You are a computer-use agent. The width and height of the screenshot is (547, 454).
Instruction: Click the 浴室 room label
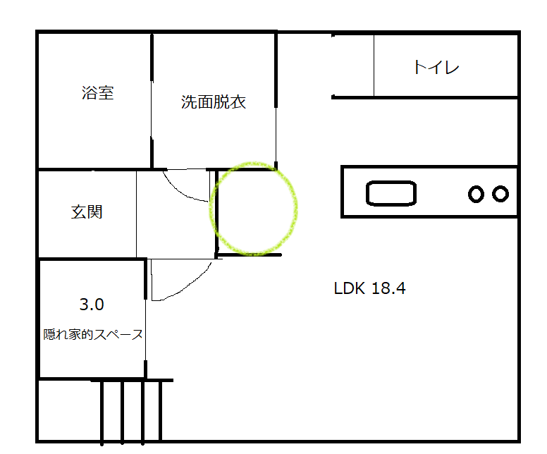click(x=98, y=92)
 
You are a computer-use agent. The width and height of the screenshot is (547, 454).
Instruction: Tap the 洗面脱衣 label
click(x=213, y=102)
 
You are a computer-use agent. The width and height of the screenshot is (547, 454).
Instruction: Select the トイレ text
click(x=436, y=68)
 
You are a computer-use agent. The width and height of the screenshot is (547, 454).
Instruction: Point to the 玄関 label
click(x=87, y=211)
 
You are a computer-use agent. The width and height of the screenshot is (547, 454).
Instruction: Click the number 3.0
click(x=92, y=305)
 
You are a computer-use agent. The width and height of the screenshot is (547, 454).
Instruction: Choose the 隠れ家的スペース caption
click(x=93, y=335)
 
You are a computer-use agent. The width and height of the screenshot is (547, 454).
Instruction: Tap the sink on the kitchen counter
click(x=391, y=192)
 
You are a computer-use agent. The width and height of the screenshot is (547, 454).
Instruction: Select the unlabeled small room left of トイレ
click(x=352, y=65)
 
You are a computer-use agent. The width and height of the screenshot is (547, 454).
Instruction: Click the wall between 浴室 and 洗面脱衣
click(x=152, y=99)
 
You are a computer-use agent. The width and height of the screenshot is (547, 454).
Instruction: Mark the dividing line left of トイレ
click(x=374, y=65)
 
